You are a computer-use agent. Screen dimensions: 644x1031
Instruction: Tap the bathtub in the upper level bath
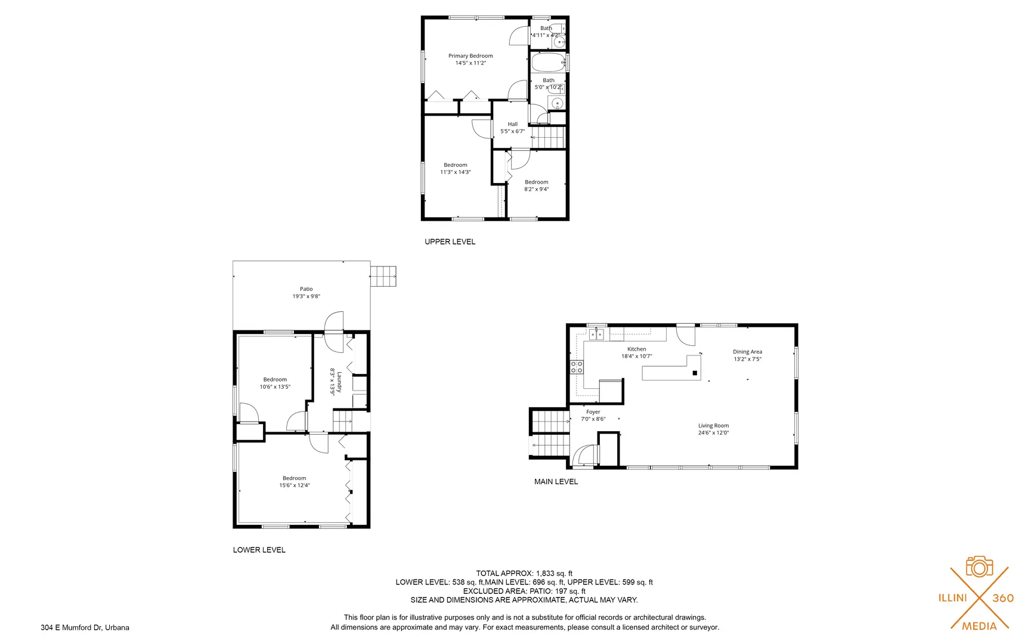click(548, 63)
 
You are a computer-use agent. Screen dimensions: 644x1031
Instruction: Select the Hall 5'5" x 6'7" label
click(512, 128)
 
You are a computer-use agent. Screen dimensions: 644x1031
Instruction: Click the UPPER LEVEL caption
click(450, 241)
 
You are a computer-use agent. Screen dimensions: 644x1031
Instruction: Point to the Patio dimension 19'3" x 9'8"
click(306, 296)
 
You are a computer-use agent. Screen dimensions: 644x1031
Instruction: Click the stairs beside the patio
click(383, 276)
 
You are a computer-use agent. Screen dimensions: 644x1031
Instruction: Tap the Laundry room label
click(336, 381)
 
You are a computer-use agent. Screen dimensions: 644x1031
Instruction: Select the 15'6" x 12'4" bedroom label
click(294, 482)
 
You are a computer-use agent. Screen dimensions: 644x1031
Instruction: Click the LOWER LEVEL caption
click(259, 550)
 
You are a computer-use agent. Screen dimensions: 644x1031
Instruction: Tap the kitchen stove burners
click(577, 367)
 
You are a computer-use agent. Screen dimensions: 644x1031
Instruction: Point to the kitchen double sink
click(596, 335)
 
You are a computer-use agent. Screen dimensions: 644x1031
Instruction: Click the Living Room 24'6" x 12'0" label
click(713, 429)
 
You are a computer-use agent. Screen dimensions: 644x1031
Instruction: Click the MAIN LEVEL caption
click(556, 481)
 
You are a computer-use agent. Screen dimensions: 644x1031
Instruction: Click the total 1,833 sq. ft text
click(524, 573)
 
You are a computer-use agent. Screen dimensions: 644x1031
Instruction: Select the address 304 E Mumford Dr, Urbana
click(85, 627)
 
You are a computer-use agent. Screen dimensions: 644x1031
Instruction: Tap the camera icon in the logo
click(979, 566)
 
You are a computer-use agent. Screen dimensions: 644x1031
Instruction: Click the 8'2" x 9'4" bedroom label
click(536, 185)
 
